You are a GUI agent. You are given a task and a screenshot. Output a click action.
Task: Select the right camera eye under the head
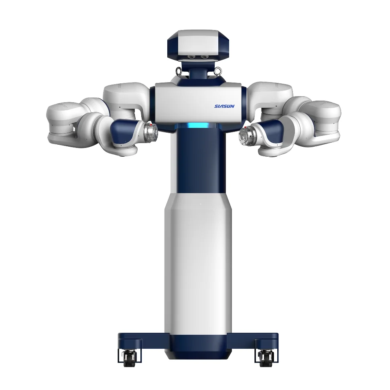click(205, 57)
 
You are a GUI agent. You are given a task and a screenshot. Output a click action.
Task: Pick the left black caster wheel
click(129, 358)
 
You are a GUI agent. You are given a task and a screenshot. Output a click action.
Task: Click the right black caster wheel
click(265, 358)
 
